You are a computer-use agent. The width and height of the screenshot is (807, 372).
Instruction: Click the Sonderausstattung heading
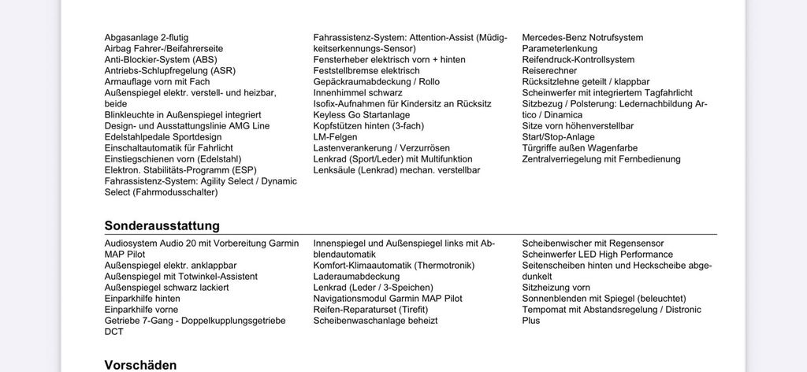point(162,225)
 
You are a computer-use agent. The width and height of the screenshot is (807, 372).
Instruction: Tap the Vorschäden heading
point(140,365)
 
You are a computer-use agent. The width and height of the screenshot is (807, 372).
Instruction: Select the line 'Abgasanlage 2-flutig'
point(147,37)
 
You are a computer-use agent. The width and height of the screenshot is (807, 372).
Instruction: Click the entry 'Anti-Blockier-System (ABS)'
point(161,59)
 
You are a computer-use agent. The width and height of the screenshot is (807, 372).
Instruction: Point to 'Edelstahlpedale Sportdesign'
point(163,136)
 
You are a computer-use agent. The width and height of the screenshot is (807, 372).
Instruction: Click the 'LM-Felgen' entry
point(335,136)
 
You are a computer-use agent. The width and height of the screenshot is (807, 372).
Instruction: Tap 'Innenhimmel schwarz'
point(358,92)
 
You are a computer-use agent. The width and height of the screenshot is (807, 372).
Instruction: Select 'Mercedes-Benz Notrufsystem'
point(582,37)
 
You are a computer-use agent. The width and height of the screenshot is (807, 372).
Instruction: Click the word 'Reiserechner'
point(549,70)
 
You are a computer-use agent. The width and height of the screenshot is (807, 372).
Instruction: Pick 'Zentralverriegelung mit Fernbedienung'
point(601,158)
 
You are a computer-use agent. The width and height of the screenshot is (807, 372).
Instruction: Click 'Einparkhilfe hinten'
point(142,299)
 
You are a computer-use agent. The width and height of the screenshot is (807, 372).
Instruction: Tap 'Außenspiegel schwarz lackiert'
point(166,288)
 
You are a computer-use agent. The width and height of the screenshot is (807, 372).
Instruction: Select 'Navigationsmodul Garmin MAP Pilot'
point(388,299)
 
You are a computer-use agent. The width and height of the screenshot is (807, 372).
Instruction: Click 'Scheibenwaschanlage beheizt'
point(375,321)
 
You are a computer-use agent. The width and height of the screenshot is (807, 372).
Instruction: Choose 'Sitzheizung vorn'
point(556,288)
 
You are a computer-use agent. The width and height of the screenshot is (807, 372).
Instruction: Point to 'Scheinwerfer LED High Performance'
point(597,255)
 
